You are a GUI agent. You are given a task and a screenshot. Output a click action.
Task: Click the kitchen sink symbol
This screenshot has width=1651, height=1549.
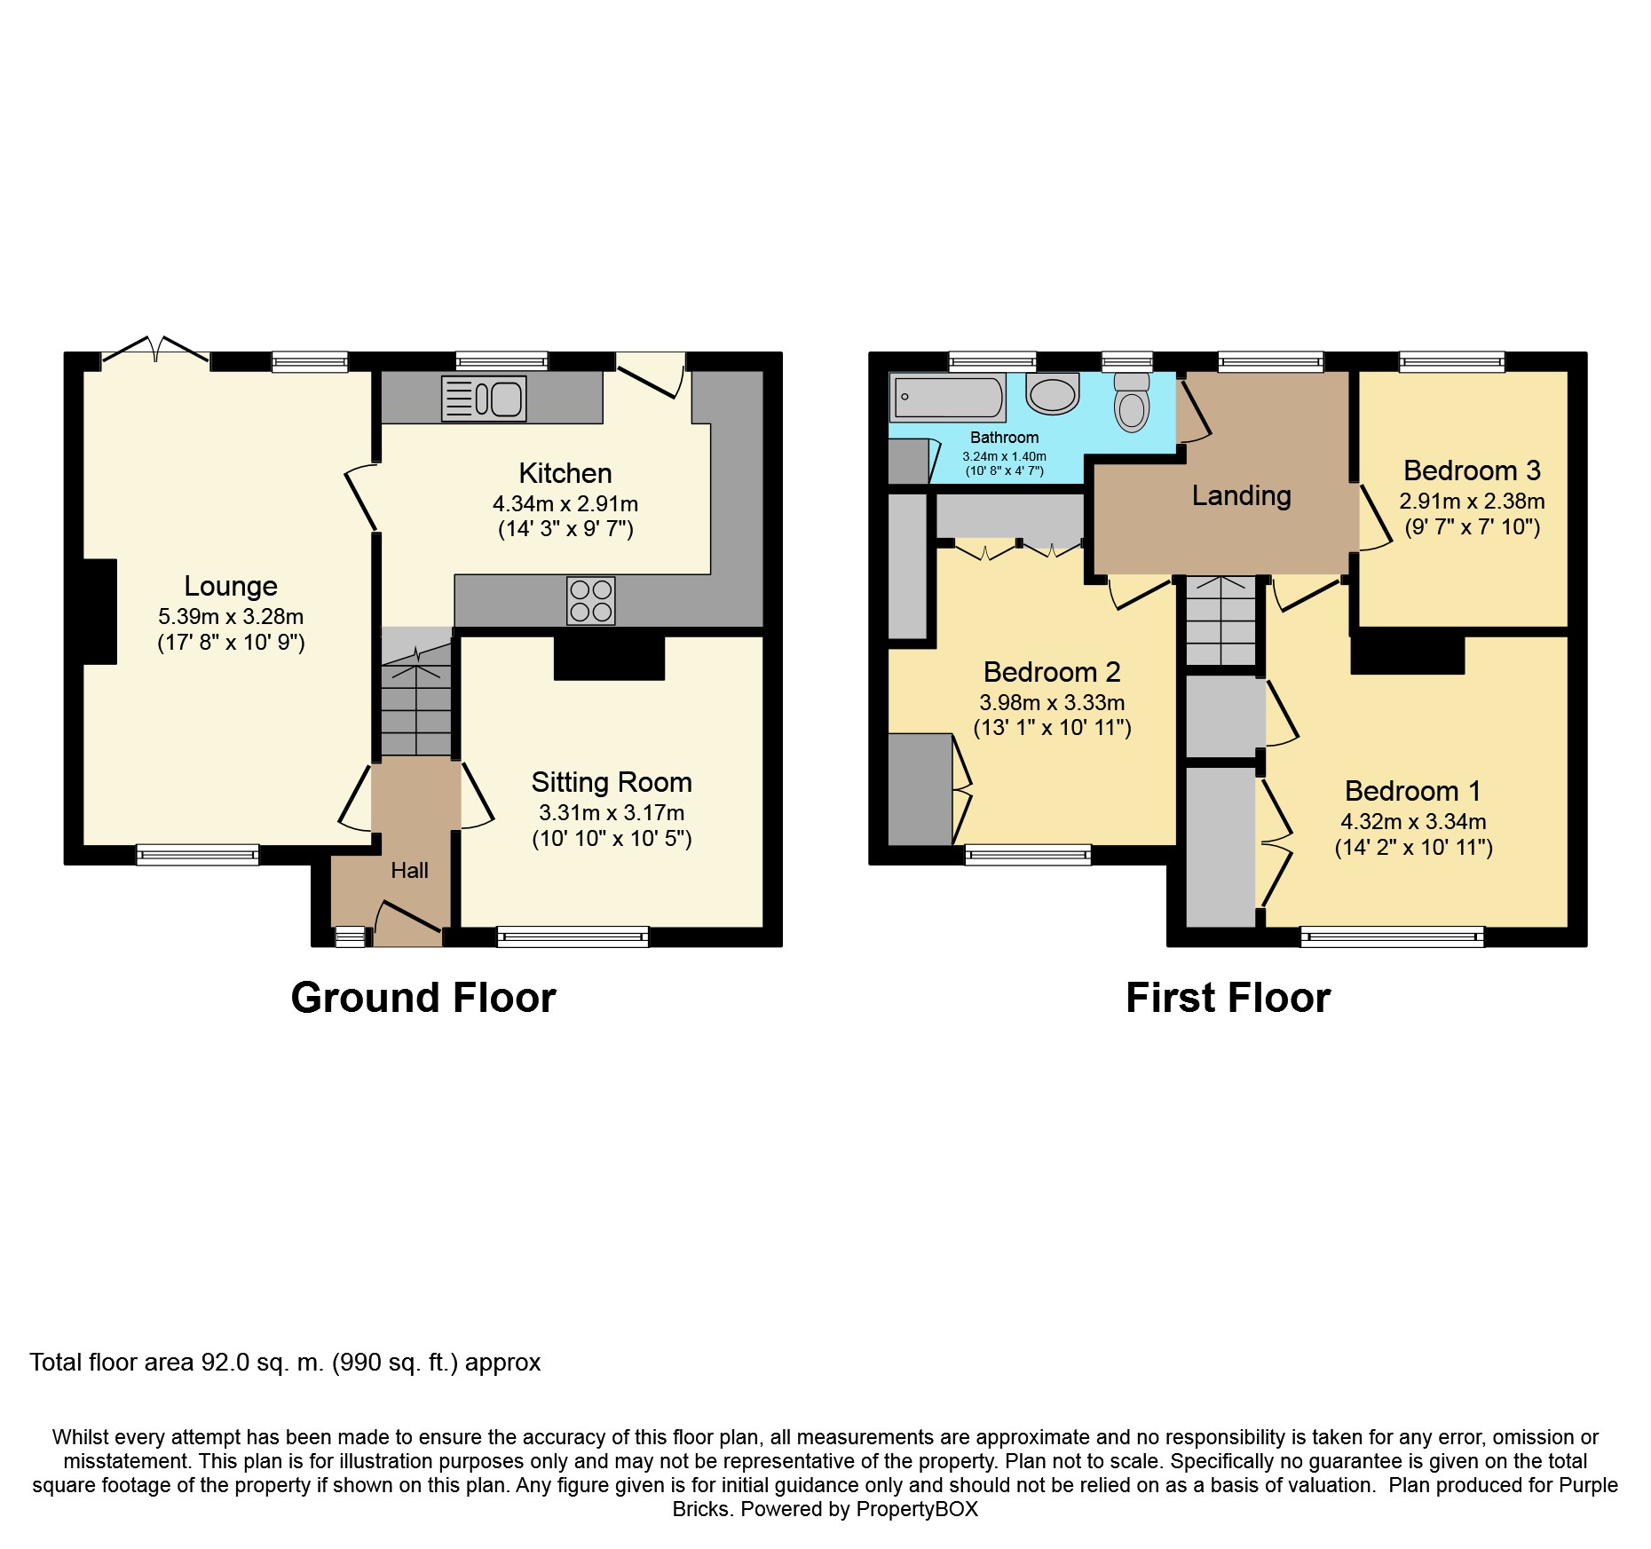click(484, 398)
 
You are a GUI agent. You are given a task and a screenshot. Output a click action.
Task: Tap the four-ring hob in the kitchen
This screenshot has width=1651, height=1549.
click(591, 601)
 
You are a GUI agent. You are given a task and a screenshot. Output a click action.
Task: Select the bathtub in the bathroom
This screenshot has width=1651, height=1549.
click(948, 397)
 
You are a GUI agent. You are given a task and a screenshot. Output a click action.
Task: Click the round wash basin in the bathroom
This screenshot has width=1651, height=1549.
click(1053, 393)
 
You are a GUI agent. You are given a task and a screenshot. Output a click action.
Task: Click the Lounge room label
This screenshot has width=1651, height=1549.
click(231, 586)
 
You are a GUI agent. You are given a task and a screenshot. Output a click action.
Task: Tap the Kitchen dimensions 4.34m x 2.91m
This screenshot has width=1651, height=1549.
click(565, 504)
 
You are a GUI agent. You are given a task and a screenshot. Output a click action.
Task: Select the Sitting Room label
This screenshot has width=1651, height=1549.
click(612, 782)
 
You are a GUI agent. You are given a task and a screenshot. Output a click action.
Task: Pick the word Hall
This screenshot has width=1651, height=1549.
click(409, 871)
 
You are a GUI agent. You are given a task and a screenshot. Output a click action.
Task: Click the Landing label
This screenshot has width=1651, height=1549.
click(1241, 495)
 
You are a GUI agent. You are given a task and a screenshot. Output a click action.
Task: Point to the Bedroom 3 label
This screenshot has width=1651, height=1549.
click(1472, 470)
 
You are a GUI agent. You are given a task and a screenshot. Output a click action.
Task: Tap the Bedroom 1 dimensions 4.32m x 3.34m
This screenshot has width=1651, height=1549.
click(1413, 822)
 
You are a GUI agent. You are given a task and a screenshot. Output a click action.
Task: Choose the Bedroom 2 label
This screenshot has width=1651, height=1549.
click(1052, 672)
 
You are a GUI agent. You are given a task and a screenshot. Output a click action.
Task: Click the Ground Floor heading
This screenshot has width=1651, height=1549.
click(423, 998)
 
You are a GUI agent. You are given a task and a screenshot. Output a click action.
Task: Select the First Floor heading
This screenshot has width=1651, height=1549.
click(1228, 998)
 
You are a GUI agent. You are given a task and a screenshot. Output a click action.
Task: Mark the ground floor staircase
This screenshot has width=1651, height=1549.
click(416, 692)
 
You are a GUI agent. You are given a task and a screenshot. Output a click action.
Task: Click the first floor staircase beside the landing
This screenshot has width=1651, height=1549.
click(1221, 620)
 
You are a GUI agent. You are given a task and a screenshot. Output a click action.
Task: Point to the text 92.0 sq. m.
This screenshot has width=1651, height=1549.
click(263, 1363)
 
